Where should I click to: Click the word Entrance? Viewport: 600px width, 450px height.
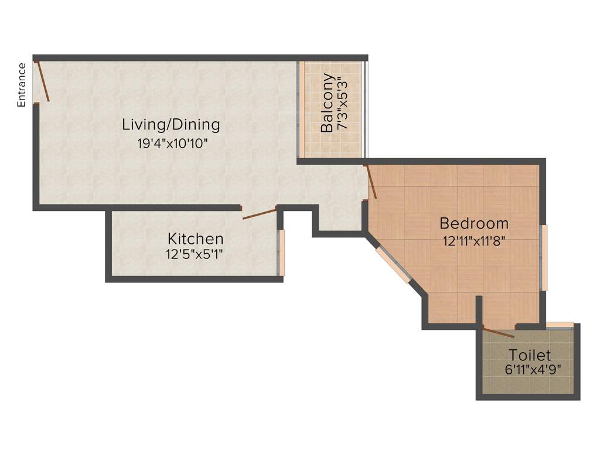click(x=22, y=84)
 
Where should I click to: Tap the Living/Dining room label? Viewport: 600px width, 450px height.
click(x=171, y=125)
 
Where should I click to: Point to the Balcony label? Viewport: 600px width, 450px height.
click(x=328, y=103)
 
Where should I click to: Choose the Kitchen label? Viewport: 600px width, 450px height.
click(x=195, y=239)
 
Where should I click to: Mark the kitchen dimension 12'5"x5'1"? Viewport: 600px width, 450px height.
click(x=195, y=254)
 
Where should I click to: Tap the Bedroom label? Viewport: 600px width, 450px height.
click(x=474, y=223)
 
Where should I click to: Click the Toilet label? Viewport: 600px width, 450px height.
click(x=530, y=355)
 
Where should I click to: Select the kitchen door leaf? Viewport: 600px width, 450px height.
click(x=260, y=213)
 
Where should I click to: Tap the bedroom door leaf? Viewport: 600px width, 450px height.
click(x=370, y=182)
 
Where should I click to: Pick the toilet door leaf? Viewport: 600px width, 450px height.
click(x=498, y=332)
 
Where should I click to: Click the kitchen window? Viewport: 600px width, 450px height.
click(x=281, y=253)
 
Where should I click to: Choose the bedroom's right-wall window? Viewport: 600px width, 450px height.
click(x=544, y=258)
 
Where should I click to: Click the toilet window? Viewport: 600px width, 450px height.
click(x=560, y=325)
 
